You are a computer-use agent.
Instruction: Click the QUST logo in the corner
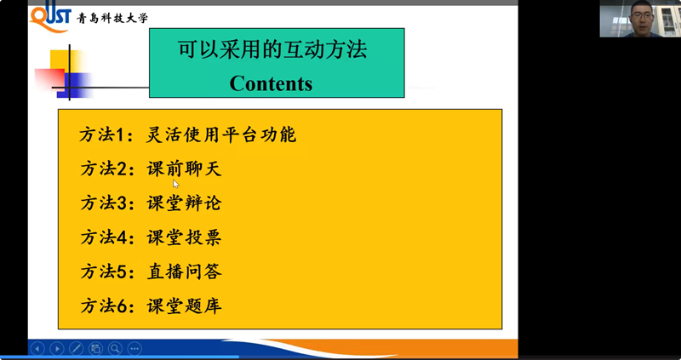50,17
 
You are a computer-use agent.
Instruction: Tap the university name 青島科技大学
112,18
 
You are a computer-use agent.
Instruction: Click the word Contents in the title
271,83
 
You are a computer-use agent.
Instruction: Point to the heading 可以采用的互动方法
272,49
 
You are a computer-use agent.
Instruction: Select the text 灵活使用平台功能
221,134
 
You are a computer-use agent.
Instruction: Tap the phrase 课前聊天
185,169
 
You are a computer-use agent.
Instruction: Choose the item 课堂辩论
185,203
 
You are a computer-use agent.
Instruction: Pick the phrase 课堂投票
185,237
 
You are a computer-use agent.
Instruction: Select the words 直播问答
185,271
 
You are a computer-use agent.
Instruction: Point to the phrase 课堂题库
185,306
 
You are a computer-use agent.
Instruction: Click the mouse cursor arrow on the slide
175,184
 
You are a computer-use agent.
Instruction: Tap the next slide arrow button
57,348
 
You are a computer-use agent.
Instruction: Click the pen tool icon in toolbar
76,348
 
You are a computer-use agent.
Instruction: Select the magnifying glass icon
115,348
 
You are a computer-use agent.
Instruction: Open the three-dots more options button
134,348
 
